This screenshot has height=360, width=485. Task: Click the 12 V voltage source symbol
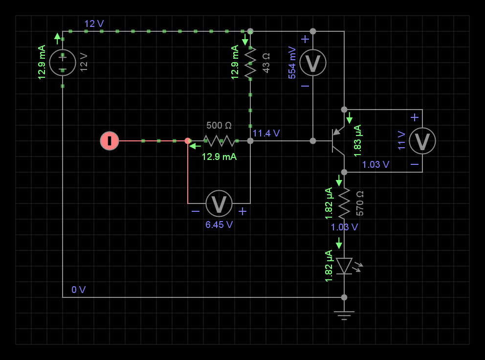click(63, 63)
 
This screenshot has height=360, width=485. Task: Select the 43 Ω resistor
click(250, 63)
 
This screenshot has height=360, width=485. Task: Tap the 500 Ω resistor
click(219, 141)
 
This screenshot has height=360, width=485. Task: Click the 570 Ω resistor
click(344, 202)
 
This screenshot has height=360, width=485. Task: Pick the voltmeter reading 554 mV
click(313, 63)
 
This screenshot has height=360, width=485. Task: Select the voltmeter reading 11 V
click(422, 141)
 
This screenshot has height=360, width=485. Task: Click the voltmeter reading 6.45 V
click(219, 203)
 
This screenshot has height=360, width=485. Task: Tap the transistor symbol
click(338, 141)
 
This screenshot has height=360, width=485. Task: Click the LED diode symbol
click(344, 266)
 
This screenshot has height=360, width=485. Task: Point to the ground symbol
click(344, 314)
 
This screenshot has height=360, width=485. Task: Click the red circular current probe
click(110, 141)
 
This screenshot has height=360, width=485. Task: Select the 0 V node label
click(78, 290)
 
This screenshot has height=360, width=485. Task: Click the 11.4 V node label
click(266, 133)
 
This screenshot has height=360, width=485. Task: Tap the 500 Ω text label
click(219, 126)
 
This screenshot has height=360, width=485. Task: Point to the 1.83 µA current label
click(357, 138)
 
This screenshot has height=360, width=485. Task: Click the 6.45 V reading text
click(219, 225)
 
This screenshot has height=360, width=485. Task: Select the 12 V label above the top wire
click(94, 23)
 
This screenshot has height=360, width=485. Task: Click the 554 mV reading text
click(292, 63)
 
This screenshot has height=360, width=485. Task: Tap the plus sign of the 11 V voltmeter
click(415, 117)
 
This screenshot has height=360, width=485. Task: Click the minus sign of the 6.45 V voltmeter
click(196, 211)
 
